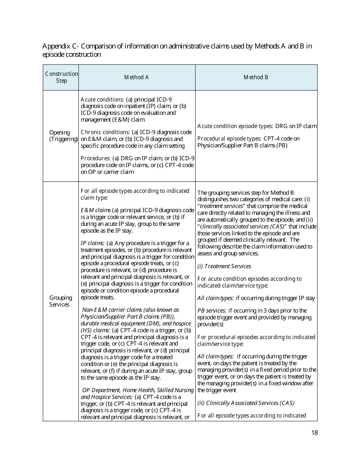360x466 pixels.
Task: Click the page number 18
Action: [x=314, y=433]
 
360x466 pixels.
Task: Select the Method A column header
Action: [x=136, y=77]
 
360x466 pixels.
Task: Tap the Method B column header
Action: [x=256, y=77]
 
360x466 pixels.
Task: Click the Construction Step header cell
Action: [x=61, y=77]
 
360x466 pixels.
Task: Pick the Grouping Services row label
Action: [x=60, y=301]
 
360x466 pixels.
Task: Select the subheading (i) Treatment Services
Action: [x=224, y=266]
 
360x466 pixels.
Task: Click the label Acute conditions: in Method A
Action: [x=102, y=99]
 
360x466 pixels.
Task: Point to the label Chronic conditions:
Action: [x=105, y=132]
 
